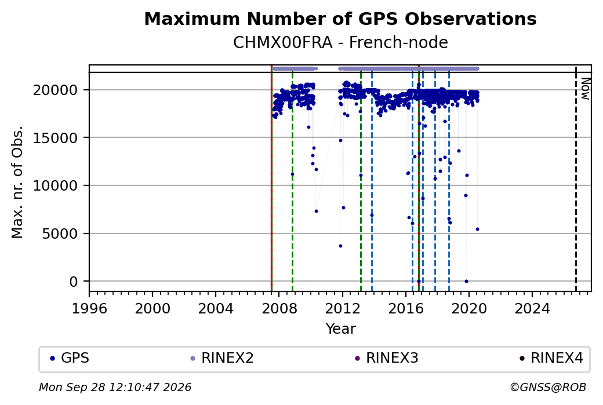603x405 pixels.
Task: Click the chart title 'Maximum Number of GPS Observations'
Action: pyautogui.click(x=340, y=19)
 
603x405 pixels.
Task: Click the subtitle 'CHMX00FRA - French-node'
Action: pyautogui.click(x=340, y=43)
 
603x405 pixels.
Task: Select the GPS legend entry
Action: pyautogui.click(x=70, y=358)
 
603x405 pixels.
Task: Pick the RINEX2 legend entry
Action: pyautogui.click(x=222, y=358)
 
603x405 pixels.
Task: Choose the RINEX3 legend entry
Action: pyautogui.click(x=387, y=358)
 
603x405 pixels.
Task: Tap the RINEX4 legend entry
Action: pyautogui.click(x=551, y=358)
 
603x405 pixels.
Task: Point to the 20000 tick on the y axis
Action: pyautogui.click(x=56, y=90)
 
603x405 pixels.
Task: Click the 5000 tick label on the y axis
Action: pyautogui.click(x=60, y=233)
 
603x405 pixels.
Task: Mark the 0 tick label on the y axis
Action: pyautogui.click(x=74, y=282)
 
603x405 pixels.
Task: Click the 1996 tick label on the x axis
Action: pyautogui.click(x=89, y=309)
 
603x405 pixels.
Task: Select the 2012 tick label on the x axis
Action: pyautogui.click(x=342, y=309)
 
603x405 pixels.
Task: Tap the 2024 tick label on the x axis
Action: pyautogui.click(x=532, y=309)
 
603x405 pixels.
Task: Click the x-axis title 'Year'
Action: pyautogui.click(x=340, y=329)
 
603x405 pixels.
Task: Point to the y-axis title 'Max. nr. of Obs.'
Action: pyautogui.click(x=17, y=182)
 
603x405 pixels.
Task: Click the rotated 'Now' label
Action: pyautogui.click(x=585, y=89)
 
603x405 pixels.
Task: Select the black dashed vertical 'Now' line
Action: pyautogui.click(x=576, y=178)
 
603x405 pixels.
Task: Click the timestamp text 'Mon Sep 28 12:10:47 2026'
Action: pyautogui.click(x=115, y=387)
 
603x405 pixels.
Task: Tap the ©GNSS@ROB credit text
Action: pyautogui.click(x=548, y=387)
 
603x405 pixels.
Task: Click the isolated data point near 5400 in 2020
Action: pyautogui.click(x=477, y=229)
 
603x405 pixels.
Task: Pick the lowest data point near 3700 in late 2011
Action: pyautogui.click(x=340, y=246)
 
